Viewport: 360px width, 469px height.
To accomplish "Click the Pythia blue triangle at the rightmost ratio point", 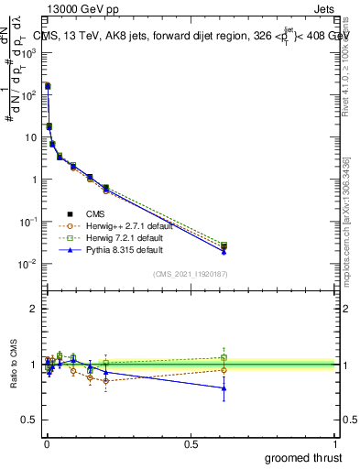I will (224, 388).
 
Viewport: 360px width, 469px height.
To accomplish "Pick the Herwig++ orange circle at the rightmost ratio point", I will (224, 370).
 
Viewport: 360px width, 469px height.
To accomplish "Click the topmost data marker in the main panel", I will (47, 85).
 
